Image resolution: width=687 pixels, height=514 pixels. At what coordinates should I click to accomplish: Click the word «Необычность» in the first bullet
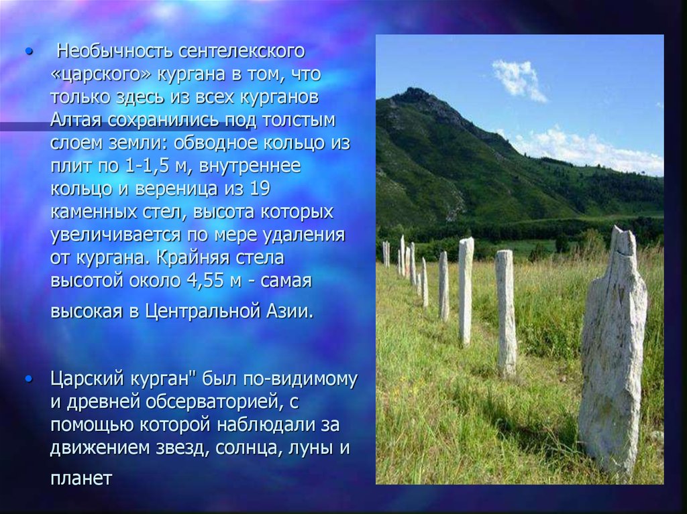click(115, 51)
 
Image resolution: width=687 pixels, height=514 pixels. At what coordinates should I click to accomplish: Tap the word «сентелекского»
click(242, 51)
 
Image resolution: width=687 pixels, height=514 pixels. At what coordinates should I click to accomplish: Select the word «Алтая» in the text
click(76, 120)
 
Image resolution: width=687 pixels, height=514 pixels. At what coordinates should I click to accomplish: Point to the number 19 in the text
click(260, 188)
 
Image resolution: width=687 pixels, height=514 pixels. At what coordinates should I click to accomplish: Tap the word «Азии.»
click(289, 311)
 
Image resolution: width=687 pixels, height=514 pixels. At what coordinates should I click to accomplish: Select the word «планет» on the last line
click(81, 478)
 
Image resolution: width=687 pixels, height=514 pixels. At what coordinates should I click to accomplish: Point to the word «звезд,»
click(182, 448)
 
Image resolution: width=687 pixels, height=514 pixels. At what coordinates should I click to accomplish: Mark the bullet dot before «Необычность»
click(29, 52)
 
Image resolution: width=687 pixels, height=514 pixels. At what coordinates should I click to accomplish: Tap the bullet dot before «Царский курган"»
click(29, 379)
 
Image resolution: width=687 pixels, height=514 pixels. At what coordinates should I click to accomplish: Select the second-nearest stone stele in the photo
click(506, 313)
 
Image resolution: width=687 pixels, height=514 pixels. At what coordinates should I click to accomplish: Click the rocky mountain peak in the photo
click(415, 93)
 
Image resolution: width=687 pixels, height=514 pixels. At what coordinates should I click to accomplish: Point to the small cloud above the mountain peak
click(519, 80)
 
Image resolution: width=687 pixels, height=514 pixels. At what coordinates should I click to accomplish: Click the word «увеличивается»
click(115, 235)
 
